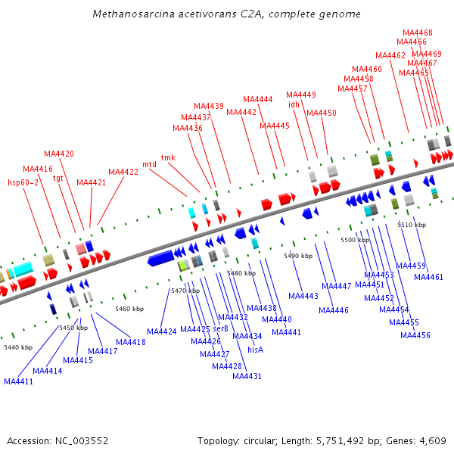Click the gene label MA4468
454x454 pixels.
418,33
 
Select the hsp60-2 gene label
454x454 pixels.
23,182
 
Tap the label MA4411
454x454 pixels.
19,381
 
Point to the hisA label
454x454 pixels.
256,350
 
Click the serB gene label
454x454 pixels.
220,328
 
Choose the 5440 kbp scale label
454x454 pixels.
18,347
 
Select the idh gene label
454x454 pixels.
294,104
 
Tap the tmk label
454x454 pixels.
168,157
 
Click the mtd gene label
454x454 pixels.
149,163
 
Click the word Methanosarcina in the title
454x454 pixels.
130,14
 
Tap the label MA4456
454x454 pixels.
415,335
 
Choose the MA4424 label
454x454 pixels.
161,331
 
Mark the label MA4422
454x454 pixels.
123,172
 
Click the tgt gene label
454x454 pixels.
58,178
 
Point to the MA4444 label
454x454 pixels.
258,99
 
